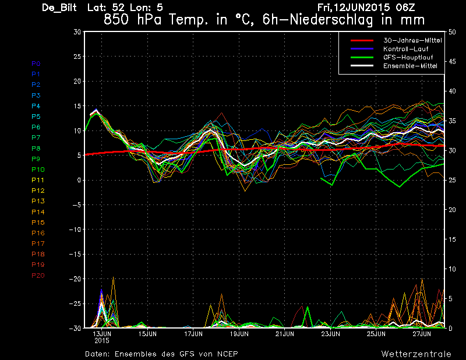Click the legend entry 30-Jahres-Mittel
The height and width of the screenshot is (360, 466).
coord(412,40)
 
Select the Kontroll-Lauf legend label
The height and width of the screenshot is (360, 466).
coord(405,49)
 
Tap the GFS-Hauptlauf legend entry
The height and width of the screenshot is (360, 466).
coord(408,57)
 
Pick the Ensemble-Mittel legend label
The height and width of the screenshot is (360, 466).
coord(410,66)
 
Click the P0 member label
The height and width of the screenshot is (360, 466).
coord(36,63)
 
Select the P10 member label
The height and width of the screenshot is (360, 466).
coord(38,170)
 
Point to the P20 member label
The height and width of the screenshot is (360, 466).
coord(38,276)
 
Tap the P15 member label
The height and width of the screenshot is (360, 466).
coord(38,223)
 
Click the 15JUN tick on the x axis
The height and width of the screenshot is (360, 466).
coord(147,334)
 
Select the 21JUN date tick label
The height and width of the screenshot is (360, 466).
coord(284,334)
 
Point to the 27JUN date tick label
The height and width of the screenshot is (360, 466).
coord(422,334)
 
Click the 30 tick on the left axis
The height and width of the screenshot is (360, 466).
coord(77,32)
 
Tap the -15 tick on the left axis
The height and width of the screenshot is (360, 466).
coord(75,254)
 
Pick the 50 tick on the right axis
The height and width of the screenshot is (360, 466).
coord(452,32)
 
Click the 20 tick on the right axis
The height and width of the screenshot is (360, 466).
coord(452,210)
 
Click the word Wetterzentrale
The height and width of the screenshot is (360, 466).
coord(416,354)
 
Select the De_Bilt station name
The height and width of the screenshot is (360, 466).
coord(59,8)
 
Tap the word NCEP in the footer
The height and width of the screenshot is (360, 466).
coord(227,354)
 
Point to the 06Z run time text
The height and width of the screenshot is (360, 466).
coord(405,8)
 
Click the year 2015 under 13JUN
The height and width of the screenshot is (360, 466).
coord(102,341)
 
